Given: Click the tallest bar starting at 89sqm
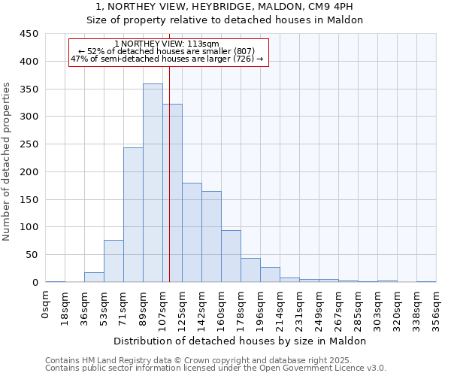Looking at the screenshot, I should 153,183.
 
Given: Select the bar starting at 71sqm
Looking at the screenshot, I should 133,215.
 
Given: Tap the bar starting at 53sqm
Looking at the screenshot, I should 114,261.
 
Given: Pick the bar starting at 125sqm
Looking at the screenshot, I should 192,232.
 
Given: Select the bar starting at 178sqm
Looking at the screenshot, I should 250,270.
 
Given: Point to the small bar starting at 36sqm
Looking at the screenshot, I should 94,277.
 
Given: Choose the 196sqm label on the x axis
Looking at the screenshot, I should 261,309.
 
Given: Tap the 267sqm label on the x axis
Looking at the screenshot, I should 339,309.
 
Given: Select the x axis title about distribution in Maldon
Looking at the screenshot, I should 240,341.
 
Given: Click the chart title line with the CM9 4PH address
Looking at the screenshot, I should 225,7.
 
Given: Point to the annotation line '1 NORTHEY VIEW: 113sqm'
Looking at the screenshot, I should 168,44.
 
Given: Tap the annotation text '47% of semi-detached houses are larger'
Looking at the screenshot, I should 167,59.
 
